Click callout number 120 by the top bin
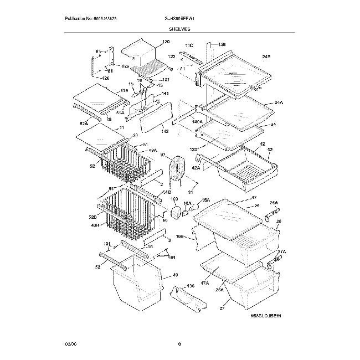[x=166, y=43]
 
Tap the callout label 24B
[x=265, y=56]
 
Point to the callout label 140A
[x=197, y=121]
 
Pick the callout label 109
[x=173, y=199]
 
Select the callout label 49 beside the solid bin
[x=175, y=275]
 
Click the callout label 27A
[x=281, y=252]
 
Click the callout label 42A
[x=196, y=167]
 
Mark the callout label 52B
[x=94, y=217]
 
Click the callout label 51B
[x=166, y=192]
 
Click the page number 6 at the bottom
[x=179, y=346]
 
